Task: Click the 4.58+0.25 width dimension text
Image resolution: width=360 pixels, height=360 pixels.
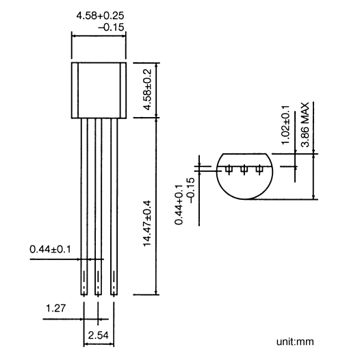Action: [100, 16]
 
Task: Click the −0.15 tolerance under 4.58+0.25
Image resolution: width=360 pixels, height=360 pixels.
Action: [112, 27]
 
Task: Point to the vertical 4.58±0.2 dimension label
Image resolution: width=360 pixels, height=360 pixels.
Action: [147, 90]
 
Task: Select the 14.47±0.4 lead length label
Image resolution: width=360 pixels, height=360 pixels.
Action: [147, 223]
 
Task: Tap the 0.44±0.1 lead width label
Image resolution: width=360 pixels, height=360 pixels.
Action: [50, 249]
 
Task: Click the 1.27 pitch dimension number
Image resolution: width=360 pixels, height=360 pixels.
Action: [56, 308]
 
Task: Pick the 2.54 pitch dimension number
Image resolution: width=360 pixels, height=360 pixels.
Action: [98, 335]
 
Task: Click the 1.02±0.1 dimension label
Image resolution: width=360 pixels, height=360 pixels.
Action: [285, 125]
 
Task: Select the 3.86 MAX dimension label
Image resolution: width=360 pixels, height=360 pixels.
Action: [305, 125]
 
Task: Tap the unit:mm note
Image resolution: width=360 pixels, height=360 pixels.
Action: [295, 342]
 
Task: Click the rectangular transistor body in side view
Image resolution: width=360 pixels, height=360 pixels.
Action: [99, 90]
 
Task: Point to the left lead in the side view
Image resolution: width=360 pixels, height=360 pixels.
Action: [84, 207]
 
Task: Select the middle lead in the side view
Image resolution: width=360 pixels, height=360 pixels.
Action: [99, 207]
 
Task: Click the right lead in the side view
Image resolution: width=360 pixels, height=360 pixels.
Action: [114, 207]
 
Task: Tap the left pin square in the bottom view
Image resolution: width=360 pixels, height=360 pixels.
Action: [229, 170]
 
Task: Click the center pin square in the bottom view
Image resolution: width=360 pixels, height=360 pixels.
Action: [244, 170]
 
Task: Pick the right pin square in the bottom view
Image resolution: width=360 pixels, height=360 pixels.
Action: [259, 170]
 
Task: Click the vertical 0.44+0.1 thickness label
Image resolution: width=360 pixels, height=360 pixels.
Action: [179, 205]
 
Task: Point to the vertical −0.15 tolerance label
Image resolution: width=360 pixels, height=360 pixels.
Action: [191, 190]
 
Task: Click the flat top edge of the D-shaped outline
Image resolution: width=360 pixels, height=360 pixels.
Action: [244, 153]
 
